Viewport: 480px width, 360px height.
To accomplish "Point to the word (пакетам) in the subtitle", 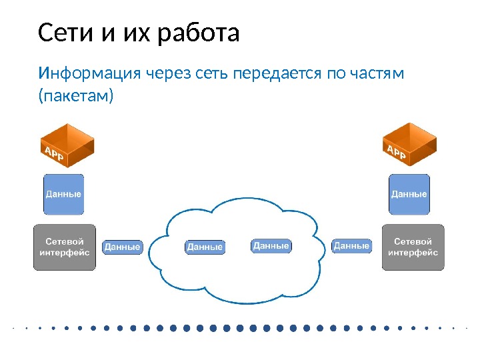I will [x=76, y=97].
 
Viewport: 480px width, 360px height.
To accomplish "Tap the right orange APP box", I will [x=409, y=145].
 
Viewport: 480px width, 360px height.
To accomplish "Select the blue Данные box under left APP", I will [x=63, y=194].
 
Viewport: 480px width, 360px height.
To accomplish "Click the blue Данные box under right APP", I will [x=409, y=194].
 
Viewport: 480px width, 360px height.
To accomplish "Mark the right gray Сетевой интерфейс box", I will [x=413, y=247].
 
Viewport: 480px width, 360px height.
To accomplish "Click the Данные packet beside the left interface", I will [x=123, y=247].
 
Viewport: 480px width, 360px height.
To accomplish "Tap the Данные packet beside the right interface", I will [x=351, y=246].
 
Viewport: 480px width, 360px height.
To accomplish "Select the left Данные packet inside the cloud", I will [x=205, y=247].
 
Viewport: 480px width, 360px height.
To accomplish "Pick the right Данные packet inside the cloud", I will [x=271, y=246].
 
